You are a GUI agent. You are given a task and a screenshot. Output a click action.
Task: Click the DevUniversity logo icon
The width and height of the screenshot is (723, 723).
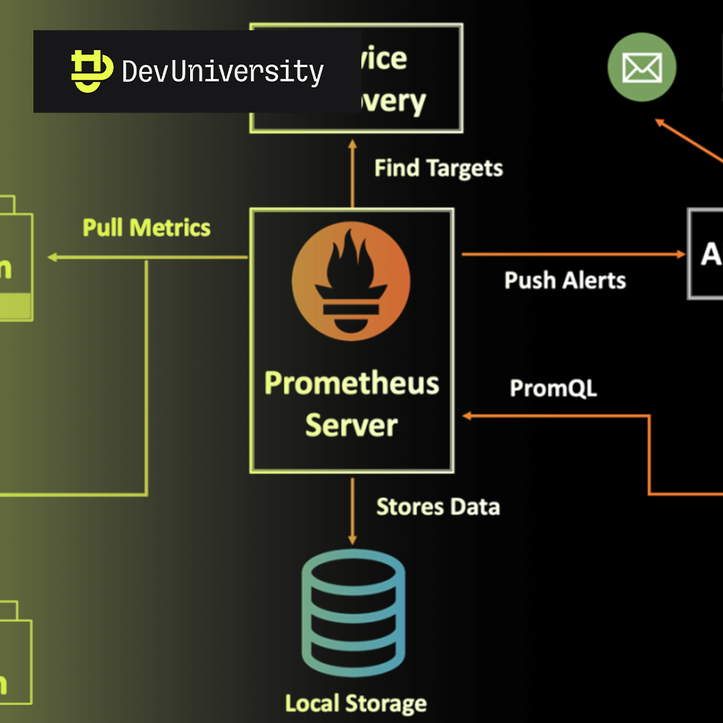92,71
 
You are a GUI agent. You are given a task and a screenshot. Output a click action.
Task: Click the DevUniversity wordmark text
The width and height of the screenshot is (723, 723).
223,71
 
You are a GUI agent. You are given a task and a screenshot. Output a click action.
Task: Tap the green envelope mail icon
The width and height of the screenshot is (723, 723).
641,68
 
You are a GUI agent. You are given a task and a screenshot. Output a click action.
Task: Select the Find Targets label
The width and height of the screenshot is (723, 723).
438,168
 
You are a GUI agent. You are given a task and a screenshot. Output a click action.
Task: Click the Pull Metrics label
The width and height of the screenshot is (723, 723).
147,228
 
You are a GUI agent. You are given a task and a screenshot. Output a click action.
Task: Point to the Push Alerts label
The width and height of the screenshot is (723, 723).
565,280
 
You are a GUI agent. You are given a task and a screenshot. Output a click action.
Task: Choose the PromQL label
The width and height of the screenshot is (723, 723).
553,388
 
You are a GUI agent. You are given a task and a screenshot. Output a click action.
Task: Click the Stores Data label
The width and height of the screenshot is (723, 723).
438,507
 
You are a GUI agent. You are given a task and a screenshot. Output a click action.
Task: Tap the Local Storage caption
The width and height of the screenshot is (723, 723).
355,704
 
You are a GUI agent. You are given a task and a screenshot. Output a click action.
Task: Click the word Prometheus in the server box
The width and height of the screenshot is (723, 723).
351,384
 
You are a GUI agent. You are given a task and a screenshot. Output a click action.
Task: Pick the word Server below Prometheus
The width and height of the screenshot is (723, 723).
351,425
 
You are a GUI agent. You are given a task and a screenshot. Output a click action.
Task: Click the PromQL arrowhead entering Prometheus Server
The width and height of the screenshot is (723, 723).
468,416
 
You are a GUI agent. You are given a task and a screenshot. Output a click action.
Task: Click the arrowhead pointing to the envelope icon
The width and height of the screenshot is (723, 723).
659,123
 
